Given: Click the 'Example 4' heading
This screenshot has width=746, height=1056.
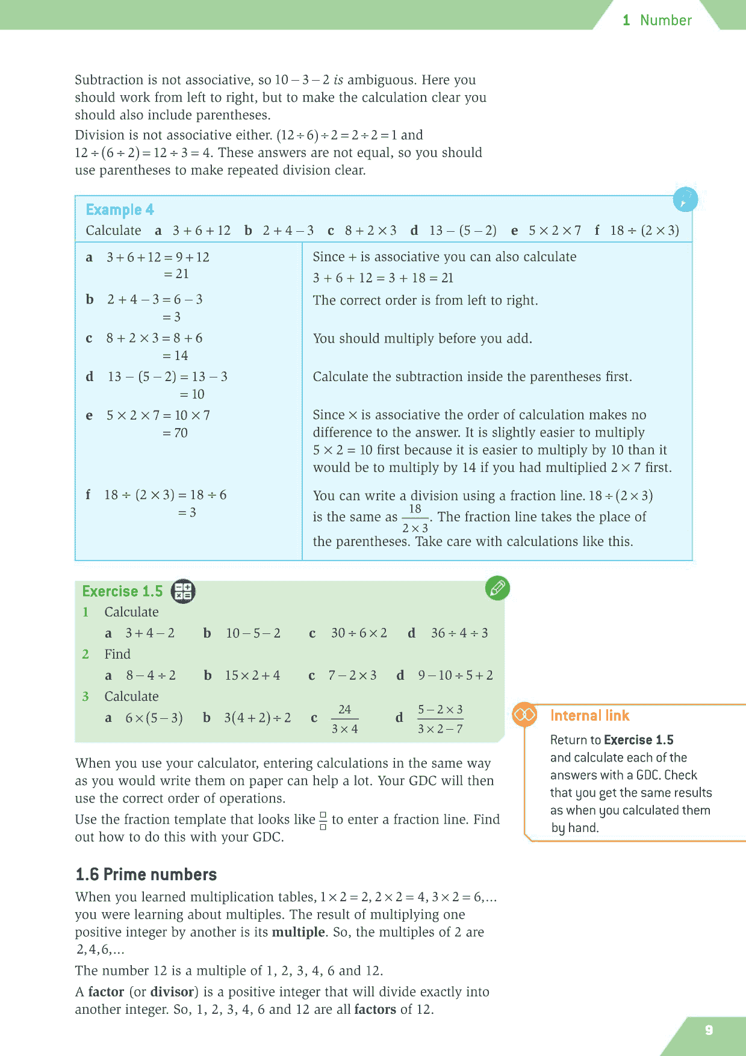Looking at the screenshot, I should click(120, 210).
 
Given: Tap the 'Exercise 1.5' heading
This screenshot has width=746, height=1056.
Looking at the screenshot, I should click(122, 591).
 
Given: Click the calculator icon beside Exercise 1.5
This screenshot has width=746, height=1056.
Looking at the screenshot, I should click(183, 591).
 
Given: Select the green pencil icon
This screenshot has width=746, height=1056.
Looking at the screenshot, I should click(497, 588).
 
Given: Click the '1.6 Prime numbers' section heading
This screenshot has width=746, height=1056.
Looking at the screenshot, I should click(146, 874).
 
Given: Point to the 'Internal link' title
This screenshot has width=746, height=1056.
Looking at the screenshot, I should click(589, 715).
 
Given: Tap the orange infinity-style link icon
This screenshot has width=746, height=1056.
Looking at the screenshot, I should click(524, 715).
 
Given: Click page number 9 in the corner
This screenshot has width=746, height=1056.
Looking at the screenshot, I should click(709, 1030).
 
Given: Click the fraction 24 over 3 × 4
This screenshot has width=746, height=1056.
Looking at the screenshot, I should click(344, 719).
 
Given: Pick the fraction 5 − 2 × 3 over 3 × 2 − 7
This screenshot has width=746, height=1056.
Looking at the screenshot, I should click(440, 719).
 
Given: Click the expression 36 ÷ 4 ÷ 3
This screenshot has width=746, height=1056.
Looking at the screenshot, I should click(459, 633).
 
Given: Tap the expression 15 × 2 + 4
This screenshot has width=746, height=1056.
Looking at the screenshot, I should click(252, 676).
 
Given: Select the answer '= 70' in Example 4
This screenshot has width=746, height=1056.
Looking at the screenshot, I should click(175, 433).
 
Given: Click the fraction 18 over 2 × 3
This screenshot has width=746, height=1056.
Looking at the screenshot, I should click(415, 518).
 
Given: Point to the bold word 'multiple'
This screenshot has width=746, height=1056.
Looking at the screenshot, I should click(298, 932).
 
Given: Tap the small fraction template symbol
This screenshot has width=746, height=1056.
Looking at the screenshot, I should click(323, 821).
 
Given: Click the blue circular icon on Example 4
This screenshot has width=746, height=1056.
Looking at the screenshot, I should click(685, 199).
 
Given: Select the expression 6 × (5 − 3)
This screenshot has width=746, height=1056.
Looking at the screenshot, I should click(154, 718).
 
